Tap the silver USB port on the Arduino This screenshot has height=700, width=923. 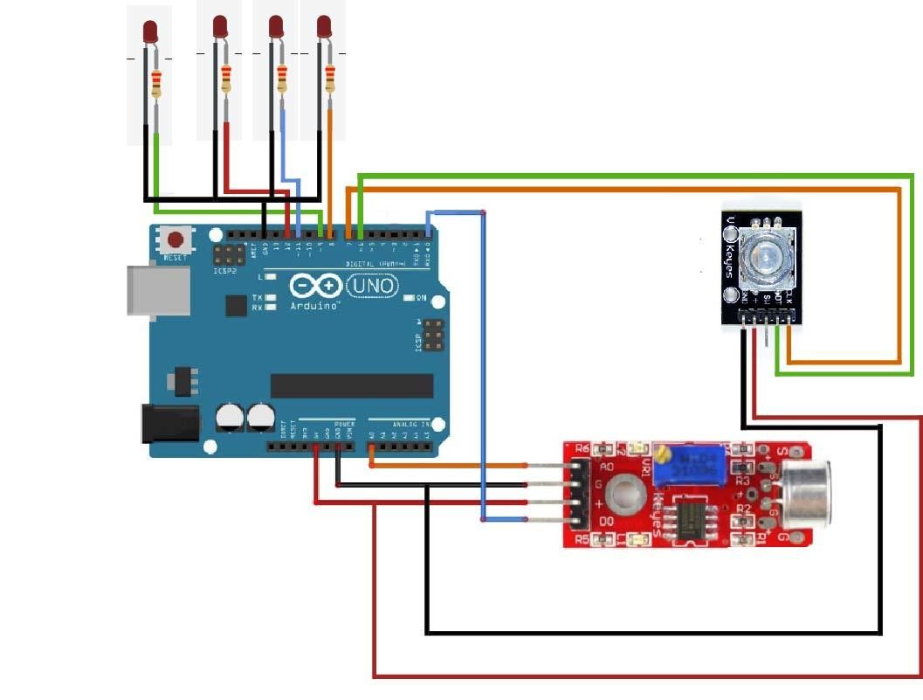coord(159,290)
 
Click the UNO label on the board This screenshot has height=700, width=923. coord(373,285)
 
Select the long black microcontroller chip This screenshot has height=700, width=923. coord(352,385)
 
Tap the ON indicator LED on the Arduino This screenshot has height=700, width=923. coord(410,298)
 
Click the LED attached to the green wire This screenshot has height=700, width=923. coord(150,32)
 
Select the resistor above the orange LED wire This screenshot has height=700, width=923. coord(330,80)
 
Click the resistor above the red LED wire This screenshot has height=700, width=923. coord(226,80)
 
